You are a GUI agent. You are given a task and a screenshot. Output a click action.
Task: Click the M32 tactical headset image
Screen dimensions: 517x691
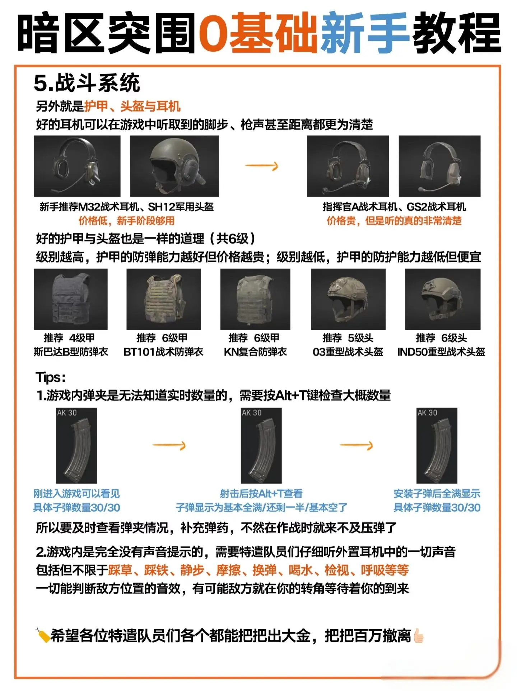click(77, 166)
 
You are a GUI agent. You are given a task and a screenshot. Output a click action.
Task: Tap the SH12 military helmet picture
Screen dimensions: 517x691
click(174, 166)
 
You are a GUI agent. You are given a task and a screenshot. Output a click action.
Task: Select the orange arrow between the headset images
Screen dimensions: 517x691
click(261, 166)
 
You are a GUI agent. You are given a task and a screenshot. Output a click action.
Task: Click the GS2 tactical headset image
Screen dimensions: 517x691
click(439, 166)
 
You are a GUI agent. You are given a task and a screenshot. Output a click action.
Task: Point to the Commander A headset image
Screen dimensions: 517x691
click(348, 166)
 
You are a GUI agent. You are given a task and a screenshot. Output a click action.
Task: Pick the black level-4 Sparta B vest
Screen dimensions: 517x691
click(71, 299)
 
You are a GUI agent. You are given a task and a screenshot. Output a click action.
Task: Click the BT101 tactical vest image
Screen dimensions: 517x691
click(164, 299)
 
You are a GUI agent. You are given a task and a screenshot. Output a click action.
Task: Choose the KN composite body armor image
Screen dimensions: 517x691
click(255, 299)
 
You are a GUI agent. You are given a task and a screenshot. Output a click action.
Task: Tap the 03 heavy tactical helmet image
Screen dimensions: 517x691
click(348, 299)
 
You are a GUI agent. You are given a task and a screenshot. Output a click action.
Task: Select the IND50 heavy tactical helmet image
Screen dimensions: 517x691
click(443, 299)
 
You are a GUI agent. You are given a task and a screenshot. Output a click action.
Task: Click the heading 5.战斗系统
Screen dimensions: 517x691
click(87, 83)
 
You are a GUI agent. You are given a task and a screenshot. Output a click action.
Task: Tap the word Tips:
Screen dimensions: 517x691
click(51, 378)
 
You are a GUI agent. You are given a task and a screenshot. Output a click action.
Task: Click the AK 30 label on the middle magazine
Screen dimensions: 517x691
click(252, 413)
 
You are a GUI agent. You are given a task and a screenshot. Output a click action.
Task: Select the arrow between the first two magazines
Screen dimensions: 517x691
click(169, 445)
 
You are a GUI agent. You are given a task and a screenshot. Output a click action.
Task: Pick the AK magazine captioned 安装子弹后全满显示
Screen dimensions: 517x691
click(437, 446)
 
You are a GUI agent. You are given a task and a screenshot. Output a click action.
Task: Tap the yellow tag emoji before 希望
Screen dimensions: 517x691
click(43, 635)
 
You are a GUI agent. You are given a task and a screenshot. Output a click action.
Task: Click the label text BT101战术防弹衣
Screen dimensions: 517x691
click(163, 352)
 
